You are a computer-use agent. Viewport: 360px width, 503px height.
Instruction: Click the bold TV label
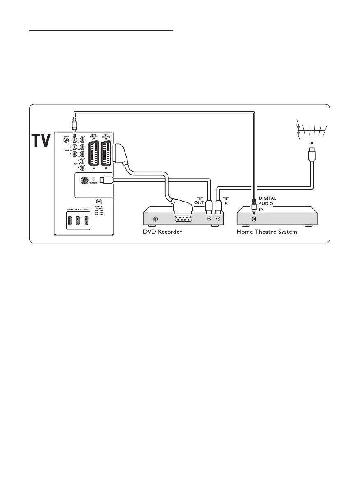(x=41, y=141)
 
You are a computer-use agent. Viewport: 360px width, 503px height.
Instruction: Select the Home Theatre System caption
(x=267, y=232)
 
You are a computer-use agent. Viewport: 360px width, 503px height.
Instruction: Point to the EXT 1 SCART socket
(x=106, y=154)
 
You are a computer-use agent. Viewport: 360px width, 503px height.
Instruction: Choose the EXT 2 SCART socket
(x=94, y=154)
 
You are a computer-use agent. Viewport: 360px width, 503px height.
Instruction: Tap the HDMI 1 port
(x=87, y=220)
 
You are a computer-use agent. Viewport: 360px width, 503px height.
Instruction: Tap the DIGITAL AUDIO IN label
(x=267, y=203)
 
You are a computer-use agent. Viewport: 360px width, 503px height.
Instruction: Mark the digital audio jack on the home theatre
(x=254, y=219)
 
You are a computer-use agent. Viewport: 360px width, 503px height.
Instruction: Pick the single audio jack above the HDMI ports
(x=98, y=202)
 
